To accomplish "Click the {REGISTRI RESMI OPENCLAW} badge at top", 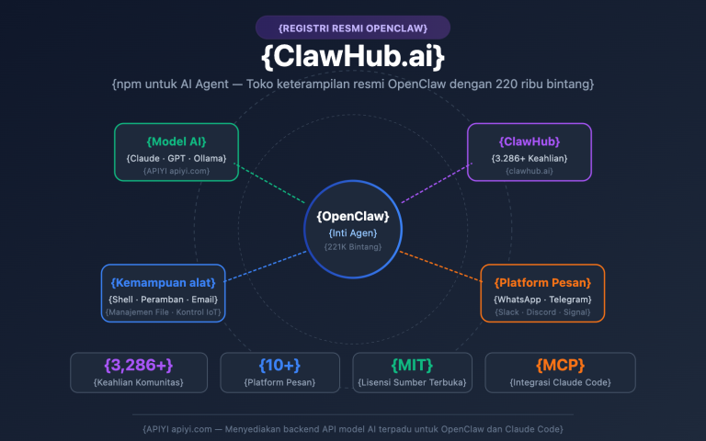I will [353, 27].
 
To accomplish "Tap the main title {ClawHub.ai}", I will [353, 57].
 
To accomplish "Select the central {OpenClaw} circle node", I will [353, 230].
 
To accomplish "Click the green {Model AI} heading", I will [176, 141].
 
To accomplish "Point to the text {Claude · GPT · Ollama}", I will [176, 158].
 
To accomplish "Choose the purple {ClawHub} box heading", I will [529, 141].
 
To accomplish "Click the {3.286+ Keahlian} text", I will [529, 158].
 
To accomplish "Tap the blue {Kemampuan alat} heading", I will [163, 282].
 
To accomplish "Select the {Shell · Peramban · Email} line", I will [163, 300].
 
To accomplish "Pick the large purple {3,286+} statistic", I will [138, 365].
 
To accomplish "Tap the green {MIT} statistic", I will [411, 365].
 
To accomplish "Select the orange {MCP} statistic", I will [559, 365].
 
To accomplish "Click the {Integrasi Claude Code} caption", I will [559, 382].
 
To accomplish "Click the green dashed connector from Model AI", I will [272, 184].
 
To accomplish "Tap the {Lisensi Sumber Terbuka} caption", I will [411, 382].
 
